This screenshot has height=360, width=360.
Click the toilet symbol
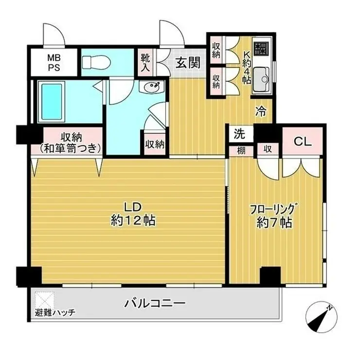(x=96, y=62)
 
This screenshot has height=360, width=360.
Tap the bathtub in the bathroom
(x=52, y=101)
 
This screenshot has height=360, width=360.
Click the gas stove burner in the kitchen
(x=261, y=49)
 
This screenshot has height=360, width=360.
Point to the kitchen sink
(x=262, y=79)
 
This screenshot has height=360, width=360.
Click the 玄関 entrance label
(x=188, y=63)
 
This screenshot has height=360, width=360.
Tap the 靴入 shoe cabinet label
(x=145, y=62)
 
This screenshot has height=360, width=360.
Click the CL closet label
(x=303, y=142)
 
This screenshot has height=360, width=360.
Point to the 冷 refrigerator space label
(x=261, y=111)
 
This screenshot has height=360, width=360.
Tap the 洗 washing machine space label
(x=239, y=134)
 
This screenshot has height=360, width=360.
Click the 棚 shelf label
(x=241, y=151)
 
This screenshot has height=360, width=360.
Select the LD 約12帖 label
(x=133, y=214)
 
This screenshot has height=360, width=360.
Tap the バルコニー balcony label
(x=155, y=304)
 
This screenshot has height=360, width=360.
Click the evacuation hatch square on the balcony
(x=45, y=300)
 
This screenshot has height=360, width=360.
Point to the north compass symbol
(x=322, y=317)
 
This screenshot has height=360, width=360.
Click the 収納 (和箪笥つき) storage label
(x=71, y=143)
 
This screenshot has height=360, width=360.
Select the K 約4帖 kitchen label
(x=246, y=68)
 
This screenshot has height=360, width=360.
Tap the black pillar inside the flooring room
(x=270, y=275)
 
